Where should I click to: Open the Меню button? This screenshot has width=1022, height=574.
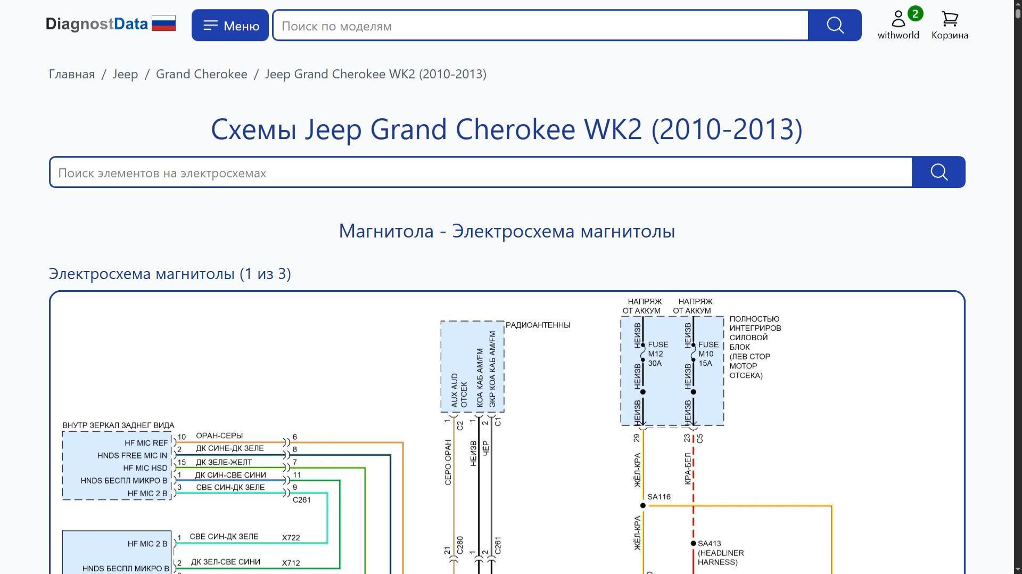coord(230,26)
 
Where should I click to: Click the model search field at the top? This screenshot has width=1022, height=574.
coord(540,26)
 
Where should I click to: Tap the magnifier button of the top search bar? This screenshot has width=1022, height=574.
coord(835,26)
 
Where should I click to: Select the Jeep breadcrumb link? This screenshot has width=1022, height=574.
coord(125,74)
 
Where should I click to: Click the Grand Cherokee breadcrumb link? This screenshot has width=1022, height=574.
coord(201,74)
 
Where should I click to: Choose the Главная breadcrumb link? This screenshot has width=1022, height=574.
coord(72,74)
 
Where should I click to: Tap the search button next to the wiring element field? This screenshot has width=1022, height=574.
coord(938,173)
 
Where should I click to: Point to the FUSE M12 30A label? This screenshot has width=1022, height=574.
coord(658,354)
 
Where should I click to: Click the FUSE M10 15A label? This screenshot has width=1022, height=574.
coord(708,354)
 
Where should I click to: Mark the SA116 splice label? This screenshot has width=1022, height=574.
coord(659,497)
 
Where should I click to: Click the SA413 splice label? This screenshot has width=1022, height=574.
coord(710,544)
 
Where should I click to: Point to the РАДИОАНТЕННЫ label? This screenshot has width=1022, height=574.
coord(538,325)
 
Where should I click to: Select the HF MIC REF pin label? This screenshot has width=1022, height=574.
coord(146,443)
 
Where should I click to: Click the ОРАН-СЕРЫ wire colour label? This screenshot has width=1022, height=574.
coord(219,436)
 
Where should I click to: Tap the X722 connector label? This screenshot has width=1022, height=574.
coord(291,538)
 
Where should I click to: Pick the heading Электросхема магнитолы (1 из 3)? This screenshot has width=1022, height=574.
coord(170,274)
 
